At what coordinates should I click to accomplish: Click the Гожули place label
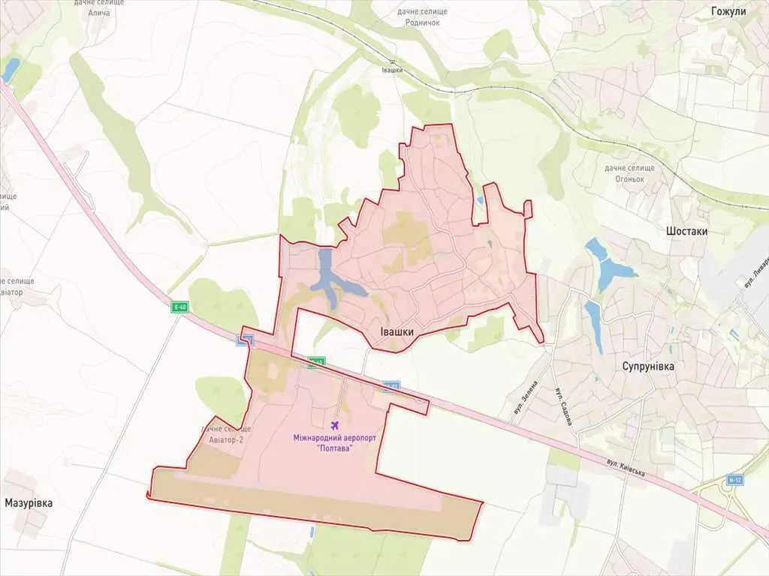[728, 11]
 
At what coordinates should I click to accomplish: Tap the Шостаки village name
[687, 232]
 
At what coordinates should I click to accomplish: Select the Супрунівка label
[648, 367]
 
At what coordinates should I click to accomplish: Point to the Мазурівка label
[29, 502]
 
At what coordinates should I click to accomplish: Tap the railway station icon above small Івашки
[391, 61]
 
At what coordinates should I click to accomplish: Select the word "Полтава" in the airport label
[335, 448]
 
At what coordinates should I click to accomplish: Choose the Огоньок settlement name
[629, 178]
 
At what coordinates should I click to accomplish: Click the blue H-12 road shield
[734, 478]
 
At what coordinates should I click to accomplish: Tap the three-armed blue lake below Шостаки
[607, 262]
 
